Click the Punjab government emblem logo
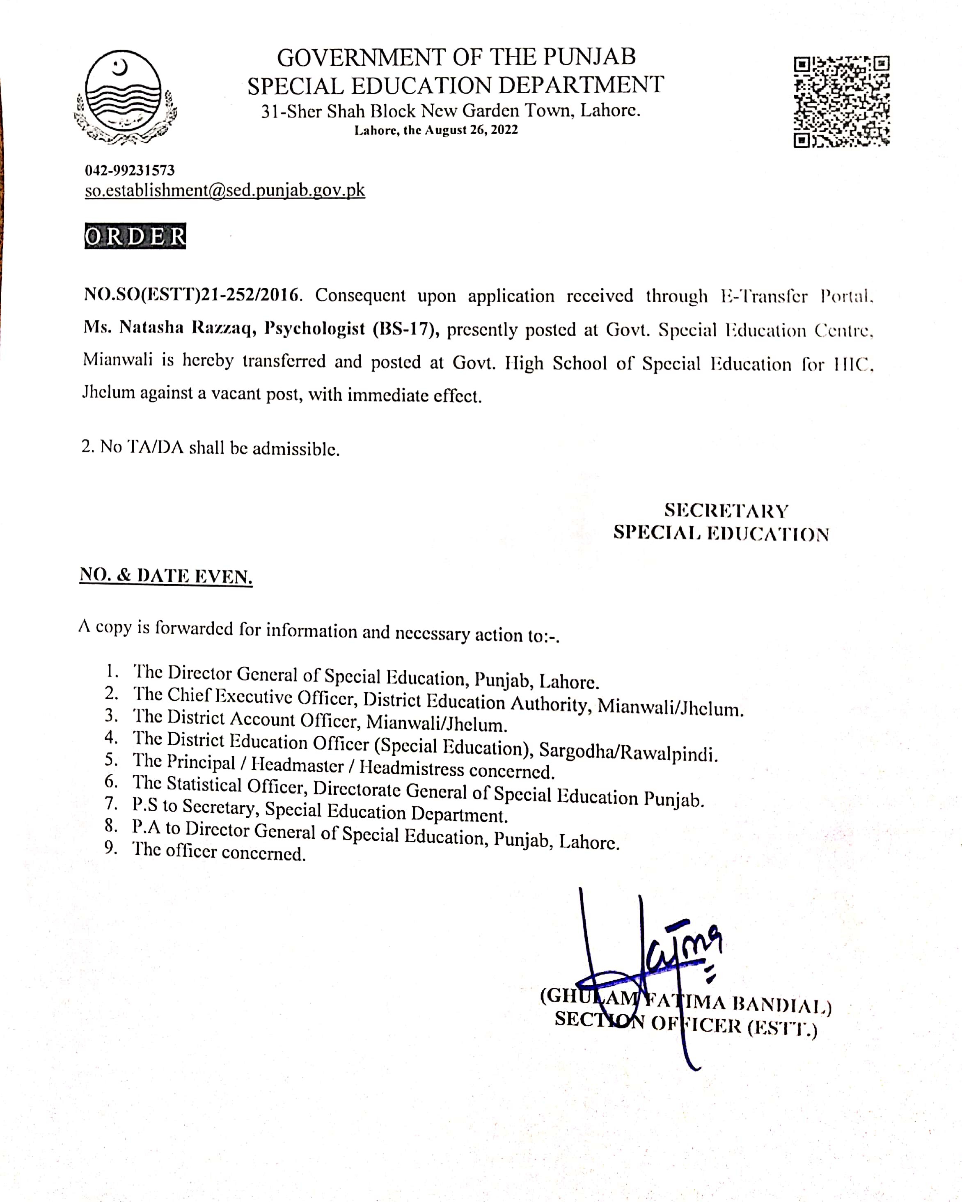(124, 98)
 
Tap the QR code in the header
(841, 101)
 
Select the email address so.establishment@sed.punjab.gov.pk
(224, 190)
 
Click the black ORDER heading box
(135, 236)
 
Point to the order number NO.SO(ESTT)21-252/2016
(192, 294)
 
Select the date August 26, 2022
(472, 130)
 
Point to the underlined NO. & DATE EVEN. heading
(166, 576)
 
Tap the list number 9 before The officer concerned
(111, 847)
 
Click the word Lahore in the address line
(610, 110)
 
